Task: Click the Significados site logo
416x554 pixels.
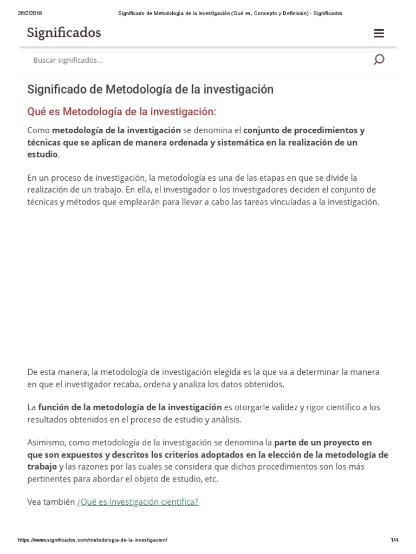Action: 64,33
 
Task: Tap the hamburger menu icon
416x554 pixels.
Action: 379,34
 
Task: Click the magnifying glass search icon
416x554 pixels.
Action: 379,60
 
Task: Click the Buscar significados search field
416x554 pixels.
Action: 195,60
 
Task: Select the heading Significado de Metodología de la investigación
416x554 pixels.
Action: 150,89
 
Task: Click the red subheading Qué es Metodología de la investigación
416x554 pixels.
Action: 121,111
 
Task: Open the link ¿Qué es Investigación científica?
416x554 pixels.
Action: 138,502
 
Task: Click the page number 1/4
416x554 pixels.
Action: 394,540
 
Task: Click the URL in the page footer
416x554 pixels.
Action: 93,540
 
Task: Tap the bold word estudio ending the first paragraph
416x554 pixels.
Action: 42,154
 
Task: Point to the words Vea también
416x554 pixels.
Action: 51,502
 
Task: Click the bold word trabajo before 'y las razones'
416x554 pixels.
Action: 42,466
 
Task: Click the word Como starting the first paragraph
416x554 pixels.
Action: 38,130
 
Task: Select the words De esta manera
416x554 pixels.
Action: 58,372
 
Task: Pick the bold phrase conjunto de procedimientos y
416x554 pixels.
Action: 303,130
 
